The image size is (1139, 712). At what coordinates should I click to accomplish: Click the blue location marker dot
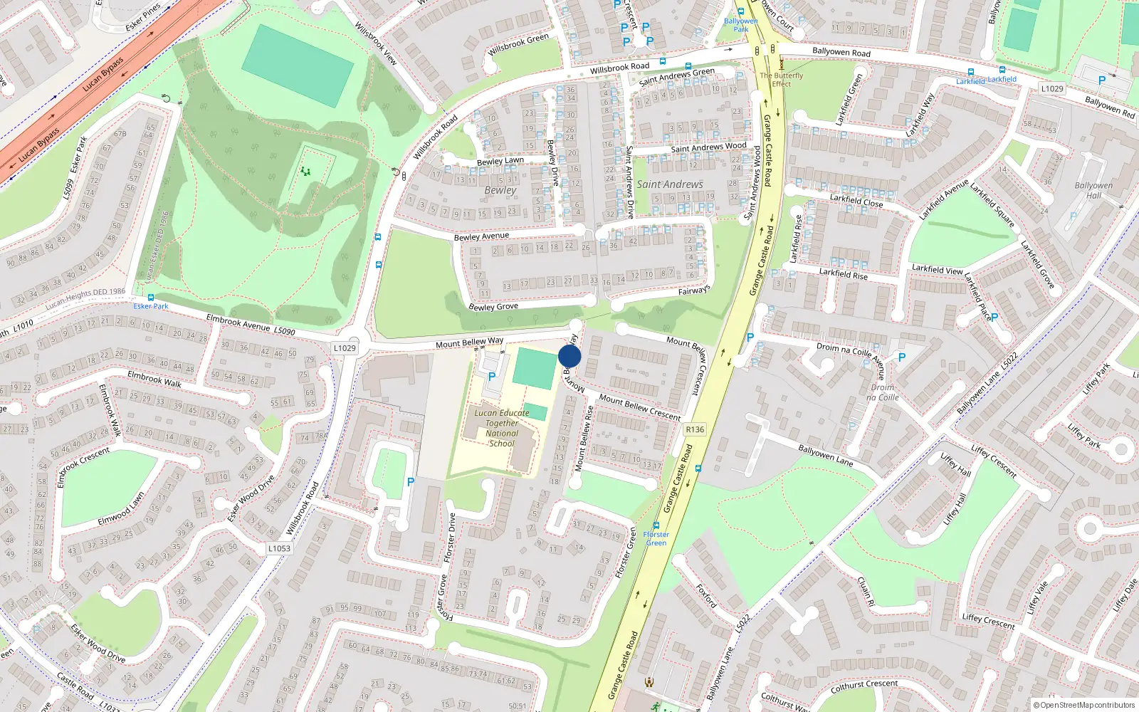pyautogui.click(x=569, y=356)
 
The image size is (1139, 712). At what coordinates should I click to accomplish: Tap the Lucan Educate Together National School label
pyautogui.click(x=502, y=428)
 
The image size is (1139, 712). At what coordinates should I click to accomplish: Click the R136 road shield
pyautogui.click(x=695, y=429)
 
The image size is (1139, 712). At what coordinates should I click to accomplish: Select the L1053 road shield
pyautogui.click(x=279, y=548)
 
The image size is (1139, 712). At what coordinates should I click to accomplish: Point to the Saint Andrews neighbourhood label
pyautogui.click(x=670, y=184)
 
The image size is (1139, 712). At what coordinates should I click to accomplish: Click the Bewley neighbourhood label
pyautogui.click(x=500, y=190)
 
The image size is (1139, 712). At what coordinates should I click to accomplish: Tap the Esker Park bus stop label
pyautogui.click(x=151, y=306)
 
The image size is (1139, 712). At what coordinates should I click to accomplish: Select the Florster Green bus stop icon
pyautogui.click(x=656, y=526)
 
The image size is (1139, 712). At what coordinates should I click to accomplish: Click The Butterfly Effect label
pyautogui.click(x=781, y=79)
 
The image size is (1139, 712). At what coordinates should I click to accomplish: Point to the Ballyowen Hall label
pyautogui.click(x=1093, y=190)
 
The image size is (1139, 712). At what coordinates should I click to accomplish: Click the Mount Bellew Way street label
pyautogui.click(x=469, y=343)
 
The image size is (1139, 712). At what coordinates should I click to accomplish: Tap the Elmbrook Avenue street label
pyautogui.click(x=238, y=323)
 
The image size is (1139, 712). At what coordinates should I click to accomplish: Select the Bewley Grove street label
pyautogui.click(x=493, y=306)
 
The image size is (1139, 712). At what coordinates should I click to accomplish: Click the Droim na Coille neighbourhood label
pyautogui.click(x=883, y=392)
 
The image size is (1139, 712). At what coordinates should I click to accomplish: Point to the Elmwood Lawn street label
pyautogui.click(x=121, y=509)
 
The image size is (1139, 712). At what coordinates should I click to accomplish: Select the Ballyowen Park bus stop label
pyautogui.click(x=740, y=25)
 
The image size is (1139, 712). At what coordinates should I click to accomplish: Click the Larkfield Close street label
pyautogui.click(x=856, y=201)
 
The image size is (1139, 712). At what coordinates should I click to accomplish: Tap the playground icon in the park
pyautogui.click(x=305, y=171)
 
